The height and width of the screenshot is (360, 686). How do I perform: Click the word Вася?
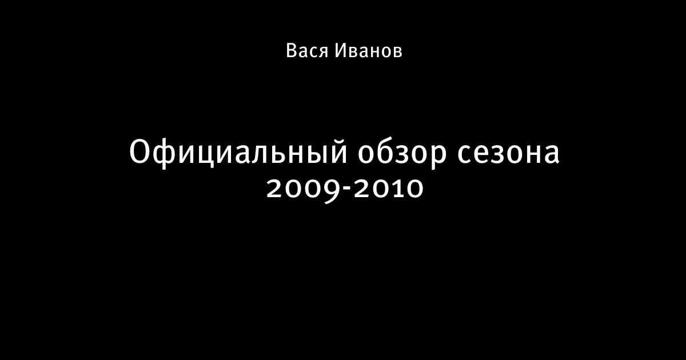click(307, 51)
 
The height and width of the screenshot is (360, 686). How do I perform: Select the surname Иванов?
click(368, 51)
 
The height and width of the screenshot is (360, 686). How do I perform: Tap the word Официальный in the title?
click(238, 152)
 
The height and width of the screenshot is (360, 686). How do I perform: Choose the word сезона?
click(508, 155)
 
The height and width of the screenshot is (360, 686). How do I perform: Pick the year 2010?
click(388, 188)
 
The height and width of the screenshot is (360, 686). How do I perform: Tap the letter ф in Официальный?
click(166, 153)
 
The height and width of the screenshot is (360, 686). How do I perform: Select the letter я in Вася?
click(322, 53)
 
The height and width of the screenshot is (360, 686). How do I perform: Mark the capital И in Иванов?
click(340, 51)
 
